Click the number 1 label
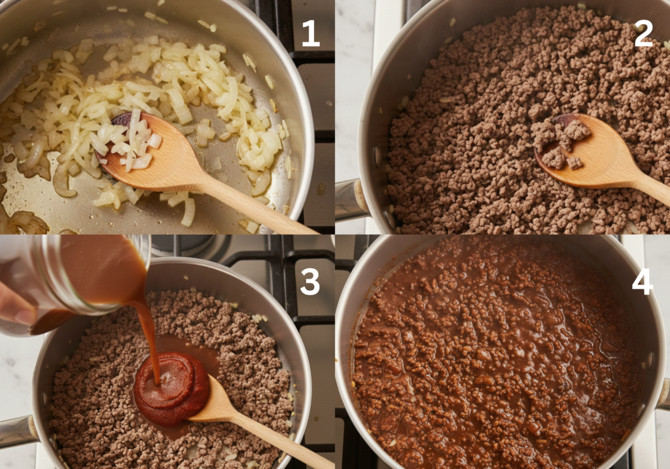point(310,33)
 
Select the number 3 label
point(309,282)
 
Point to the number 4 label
point(642,282)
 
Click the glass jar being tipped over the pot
point(72,275)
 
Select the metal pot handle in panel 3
point(16,432)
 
